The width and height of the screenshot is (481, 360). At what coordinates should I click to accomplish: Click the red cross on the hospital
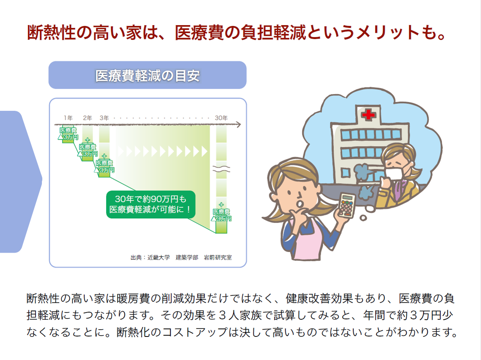(x=368, y=115)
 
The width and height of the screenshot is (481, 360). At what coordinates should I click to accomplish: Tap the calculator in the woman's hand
(x=347, y=206)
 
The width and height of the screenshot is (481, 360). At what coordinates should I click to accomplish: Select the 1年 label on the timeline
(x=68, y=118)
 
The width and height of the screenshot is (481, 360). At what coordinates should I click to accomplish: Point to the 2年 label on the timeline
(x=87, y=118)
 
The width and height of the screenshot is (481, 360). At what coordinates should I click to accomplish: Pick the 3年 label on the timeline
(x=104, y=118)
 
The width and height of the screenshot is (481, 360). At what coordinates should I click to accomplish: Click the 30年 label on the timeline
(x=221, y=118)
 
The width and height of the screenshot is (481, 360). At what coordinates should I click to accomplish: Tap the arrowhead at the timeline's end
(x=239, y=125)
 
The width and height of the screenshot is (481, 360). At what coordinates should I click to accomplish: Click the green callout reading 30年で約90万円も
(x=151, y=204)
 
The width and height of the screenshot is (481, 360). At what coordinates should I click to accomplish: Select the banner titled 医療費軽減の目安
(x=148, y=75)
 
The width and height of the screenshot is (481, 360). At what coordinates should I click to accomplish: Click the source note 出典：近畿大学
(x=150, y=257)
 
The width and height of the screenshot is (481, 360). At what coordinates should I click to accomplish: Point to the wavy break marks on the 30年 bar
(x=221, y=169)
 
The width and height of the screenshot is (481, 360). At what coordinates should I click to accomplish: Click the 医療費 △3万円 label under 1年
(x=68, y=134)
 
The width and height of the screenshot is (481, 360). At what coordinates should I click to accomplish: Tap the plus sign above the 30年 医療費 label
(x=221, y=205)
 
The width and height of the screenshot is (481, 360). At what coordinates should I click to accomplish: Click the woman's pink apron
(x=307, y=239)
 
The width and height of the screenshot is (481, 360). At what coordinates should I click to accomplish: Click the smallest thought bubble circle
(x=363, y=218)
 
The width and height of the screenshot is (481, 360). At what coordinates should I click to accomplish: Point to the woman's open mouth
(x=299, y=204)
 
